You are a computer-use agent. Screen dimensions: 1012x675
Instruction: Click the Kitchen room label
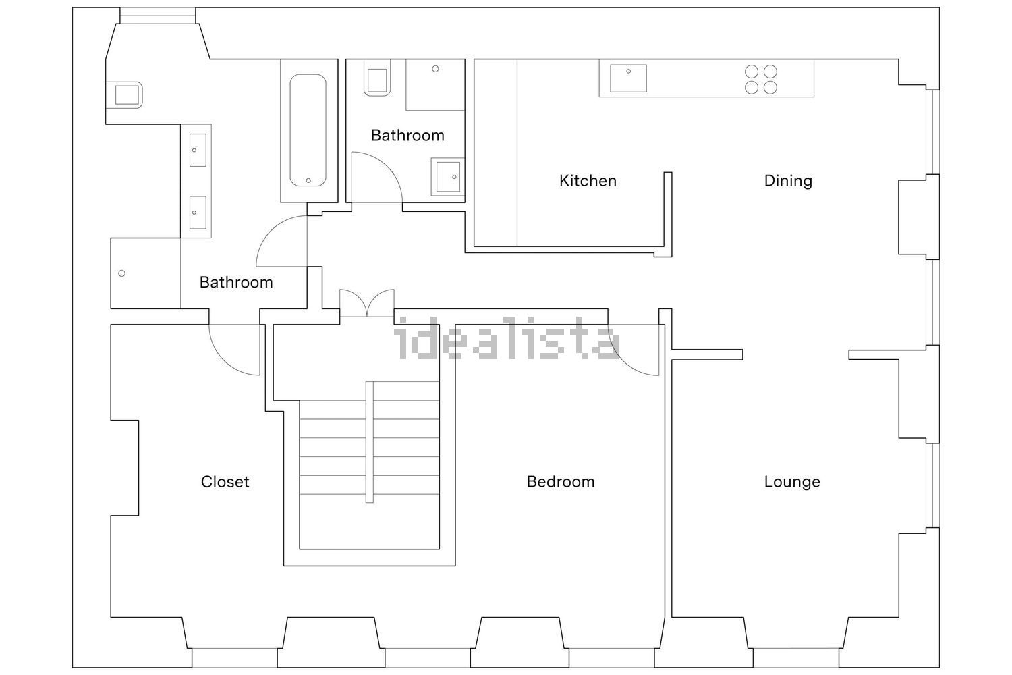coord(588,181)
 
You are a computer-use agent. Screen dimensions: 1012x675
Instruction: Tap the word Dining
coord(788,181)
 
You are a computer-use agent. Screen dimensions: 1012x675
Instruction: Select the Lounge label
coord(792,482)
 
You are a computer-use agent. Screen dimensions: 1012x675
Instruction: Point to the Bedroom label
coord(560,482)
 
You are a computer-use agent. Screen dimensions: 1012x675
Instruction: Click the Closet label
coord(225,482)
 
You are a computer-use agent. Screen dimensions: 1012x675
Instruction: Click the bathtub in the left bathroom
coord(308,130)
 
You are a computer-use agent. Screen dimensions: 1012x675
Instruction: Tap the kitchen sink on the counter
coord(628,78)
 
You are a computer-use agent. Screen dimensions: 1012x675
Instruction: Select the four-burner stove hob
coord(761,80)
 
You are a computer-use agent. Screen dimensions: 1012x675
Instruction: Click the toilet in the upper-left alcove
coord(124,95)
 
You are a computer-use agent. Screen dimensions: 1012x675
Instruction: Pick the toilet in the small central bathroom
coord(376,78)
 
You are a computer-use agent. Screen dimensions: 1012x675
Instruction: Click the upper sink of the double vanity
coord(198,150)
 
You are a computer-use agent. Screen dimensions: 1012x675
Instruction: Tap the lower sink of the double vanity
coord(198,213)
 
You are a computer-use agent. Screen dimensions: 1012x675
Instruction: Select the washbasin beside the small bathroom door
coord(448,177)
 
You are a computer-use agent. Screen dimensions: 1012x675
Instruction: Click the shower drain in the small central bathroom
coord(435,69)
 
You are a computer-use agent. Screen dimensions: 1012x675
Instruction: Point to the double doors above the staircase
coord(367,302)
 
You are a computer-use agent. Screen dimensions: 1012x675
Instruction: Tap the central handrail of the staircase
coord(370,442)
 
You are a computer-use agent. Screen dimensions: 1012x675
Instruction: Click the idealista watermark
coord(506,337)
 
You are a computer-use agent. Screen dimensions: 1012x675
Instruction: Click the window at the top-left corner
coord(158,16)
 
